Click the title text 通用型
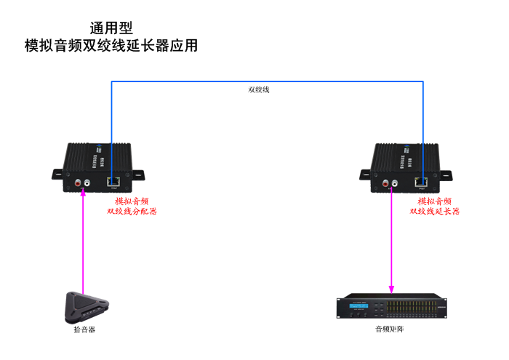pyautogui.click(x=111, y=28)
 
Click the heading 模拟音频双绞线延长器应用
pyautogui.click(x=111, y=46)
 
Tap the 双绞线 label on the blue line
pyautogui.click(x=258, y=90)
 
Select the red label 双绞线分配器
pyautogui.click(x=132, y=212)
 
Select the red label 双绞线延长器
pyautogui.click(x=434, y=212)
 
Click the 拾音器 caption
pyautogui.click(x=84, y=330)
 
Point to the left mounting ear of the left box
pyautogui.click(x=57, y=174)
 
